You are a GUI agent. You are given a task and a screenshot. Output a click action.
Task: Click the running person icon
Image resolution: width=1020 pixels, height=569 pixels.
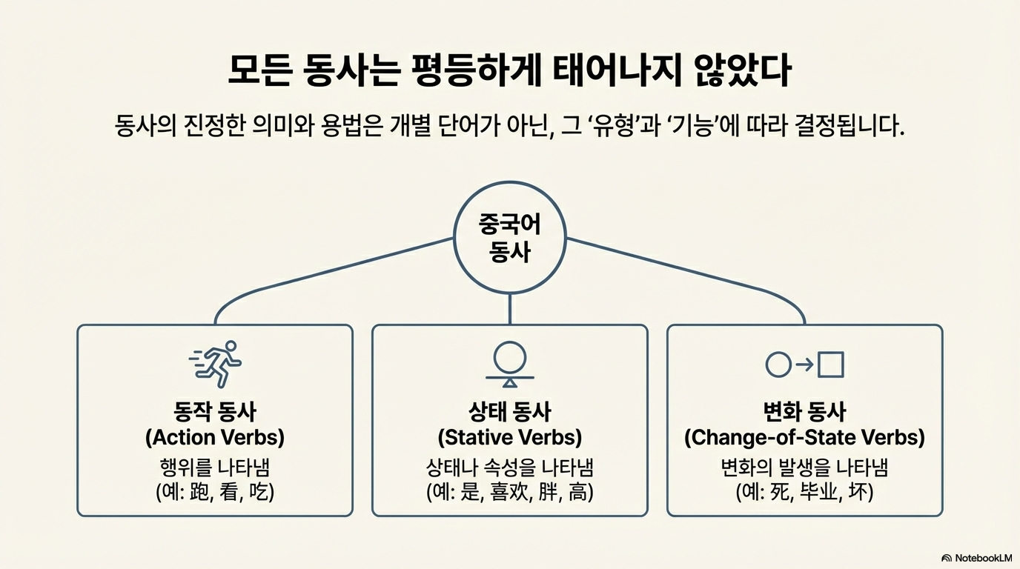[216, 363]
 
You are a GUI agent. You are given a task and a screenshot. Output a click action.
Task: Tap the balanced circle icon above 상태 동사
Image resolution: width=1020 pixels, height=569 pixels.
[510, 364]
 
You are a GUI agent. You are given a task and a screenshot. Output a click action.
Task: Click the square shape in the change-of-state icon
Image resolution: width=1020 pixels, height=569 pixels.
[831, 364]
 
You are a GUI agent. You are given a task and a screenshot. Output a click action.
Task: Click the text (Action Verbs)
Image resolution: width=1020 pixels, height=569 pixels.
[215, 437]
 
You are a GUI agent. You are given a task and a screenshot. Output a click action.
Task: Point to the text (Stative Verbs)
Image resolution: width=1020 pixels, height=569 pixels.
[510, 437]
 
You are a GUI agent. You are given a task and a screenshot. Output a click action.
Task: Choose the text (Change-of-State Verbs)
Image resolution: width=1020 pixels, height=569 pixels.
[804, 437]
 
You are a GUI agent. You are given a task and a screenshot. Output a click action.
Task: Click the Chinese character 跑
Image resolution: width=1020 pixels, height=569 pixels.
[199, 491]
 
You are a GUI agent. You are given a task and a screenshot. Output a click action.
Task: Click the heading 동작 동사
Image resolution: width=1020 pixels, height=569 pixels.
[215, 412]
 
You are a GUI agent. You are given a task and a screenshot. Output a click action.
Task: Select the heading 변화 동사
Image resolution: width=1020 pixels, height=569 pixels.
[804, 412]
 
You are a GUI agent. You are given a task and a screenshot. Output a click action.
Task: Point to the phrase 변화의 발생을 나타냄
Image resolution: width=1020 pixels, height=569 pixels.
[804, 467]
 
